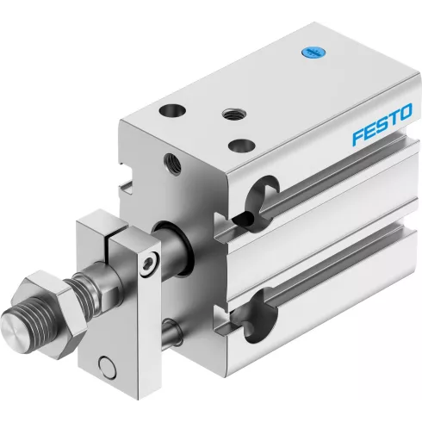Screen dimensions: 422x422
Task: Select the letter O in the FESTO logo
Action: coord(406,112)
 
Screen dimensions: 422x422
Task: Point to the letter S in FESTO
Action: coord(383,123)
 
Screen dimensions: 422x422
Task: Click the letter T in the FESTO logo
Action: coord(394,117)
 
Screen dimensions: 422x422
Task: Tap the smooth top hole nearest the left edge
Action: coord(172,109)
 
